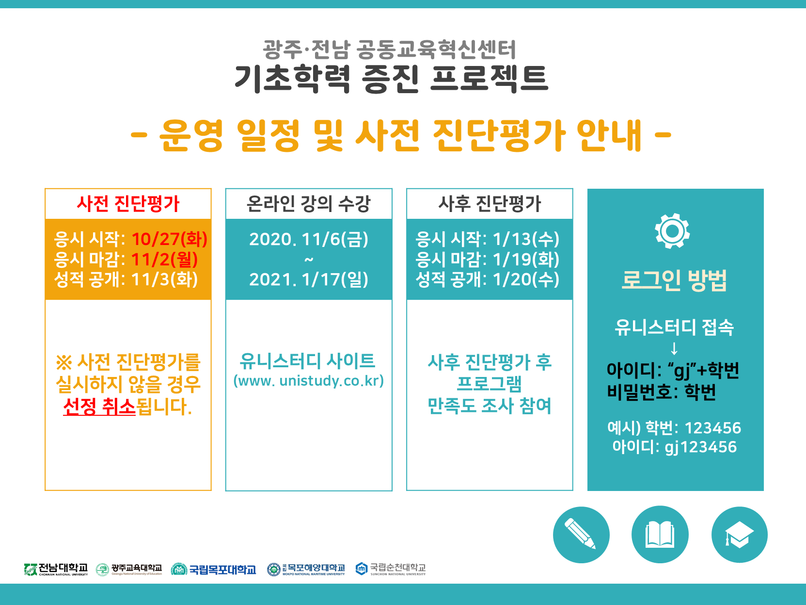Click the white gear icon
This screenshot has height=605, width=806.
coord(672,231)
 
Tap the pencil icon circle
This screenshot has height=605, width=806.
coord(581,535)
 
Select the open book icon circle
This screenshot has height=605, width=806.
coord(660,535)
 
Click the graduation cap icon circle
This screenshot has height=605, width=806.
coord(739,535)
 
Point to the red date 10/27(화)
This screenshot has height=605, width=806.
coord(169,239)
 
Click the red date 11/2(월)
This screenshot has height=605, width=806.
coord(164,260)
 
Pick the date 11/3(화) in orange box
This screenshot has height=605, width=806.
coord(164,280)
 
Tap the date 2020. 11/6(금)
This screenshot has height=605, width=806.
coord(308,239)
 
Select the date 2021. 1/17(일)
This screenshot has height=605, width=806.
coord(308,280)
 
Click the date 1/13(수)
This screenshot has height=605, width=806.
coord(526,239)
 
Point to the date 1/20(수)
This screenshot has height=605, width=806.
coord(526,280)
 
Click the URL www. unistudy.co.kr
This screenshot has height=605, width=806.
coord(308,381)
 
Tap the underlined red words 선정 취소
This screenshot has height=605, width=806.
coord(99,407)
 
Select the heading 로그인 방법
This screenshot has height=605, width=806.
coord(674,280)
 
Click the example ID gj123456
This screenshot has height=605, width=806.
coord(701,447)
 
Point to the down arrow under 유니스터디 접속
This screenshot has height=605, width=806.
coord(674,348)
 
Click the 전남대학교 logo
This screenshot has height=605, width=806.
coord(56,570)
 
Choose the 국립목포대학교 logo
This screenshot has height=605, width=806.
coord(213,570)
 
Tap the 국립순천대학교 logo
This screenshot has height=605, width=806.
coord(391,569)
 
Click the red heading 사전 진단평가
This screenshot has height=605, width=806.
coord(128,204)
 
